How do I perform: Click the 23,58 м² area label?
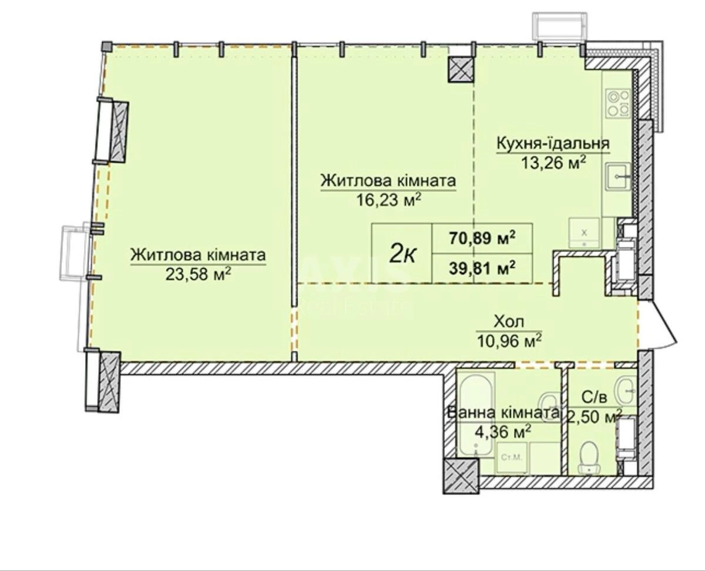[197, 274]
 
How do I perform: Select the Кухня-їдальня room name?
[553, 143]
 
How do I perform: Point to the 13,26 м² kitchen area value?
[553, 162]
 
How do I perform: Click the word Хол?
[509, 322]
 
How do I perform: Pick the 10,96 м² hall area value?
[509, 340]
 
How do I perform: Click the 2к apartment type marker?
[404, 253]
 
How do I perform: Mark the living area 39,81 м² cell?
[482, 268]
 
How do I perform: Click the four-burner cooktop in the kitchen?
[617, 103]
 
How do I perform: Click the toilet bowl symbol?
[589, 457]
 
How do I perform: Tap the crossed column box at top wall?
[461, 70]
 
